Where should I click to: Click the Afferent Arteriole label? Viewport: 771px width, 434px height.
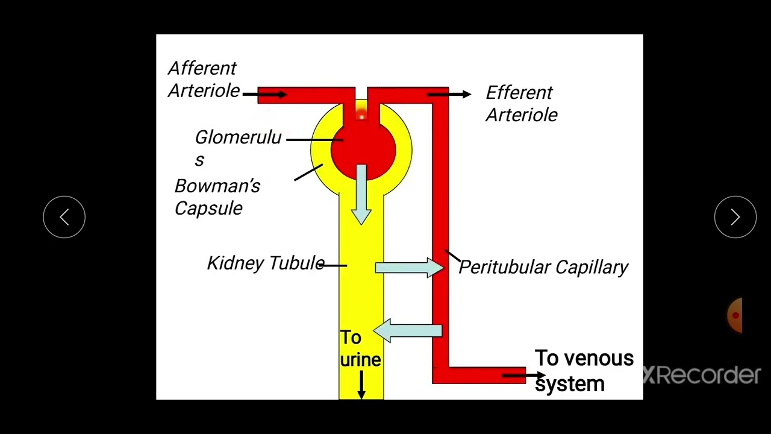click(204, 80)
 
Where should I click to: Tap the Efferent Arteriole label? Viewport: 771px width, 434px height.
click(521, 104)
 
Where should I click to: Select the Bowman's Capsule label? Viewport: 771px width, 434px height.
click(217, 197)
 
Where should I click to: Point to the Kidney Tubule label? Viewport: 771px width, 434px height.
click(266, 263)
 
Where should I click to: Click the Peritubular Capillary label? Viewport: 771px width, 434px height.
click(543, 267)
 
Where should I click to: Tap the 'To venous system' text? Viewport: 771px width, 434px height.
click(583, 371)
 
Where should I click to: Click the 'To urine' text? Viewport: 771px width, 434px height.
click(360, 348)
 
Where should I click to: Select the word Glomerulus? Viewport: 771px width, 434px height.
click(238, 148)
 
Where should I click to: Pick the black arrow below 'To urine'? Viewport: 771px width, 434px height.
click(361, 385)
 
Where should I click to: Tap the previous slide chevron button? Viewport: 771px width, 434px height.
click(64, 217)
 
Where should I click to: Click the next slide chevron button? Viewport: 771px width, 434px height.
click(735, 217)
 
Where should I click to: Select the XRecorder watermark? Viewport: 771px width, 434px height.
click(702, 376)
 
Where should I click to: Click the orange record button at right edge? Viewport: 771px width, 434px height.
click(735, 315)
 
